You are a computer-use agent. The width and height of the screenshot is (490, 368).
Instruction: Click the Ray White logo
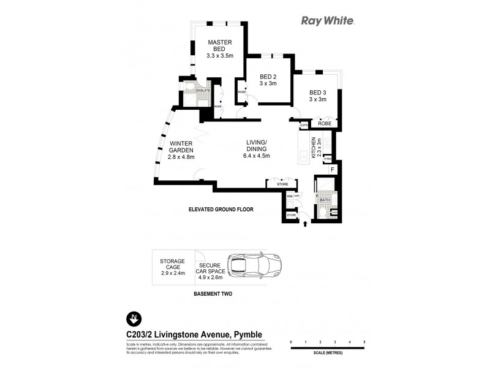(328, 20)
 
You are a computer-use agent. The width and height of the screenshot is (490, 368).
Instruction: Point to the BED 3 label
(318, 95)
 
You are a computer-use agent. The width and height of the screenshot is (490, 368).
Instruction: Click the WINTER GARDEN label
(181, 150)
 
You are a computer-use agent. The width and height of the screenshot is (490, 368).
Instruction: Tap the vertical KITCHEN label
(314, 149)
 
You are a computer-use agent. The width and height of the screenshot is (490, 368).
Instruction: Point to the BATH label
(325, 200)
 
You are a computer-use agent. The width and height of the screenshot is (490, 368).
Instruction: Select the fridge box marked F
(332, 169)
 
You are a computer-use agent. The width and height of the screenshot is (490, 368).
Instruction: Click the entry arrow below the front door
(305, 225)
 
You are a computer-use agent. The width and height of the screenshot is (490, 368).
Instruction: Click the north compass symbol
(133, 318)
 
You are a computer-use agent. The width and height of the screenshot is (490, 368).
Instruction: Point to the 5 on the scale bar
(364, 341)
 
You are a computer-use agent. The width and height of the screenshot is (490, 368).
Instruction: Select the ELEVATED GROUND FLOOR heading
(221, 209)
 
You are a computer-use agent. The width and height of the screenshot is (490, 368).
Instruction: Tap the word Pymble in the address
(247, 334)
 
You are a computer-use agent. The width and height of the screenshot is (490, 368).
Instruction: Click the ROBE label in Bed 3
(325, 123)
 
